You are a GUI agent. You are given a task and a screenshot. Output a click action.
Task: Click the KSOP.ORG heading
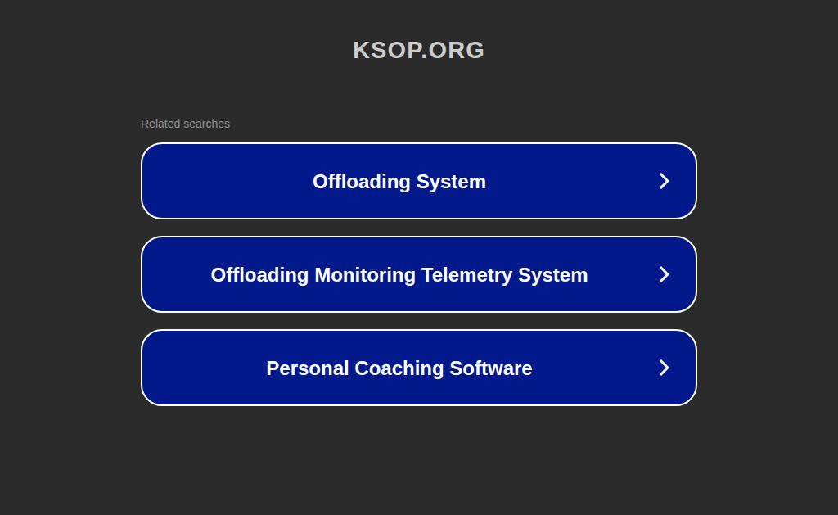coord(418,50)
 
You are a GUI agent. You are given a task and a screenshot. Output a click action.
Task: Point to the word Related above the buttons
coord(160,124)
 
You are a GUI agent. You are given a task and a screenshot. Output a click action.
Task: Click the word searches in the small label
coord(206,124)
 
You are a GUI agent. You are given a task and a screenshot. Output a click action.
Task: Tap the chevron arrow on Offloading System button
coord(665,181)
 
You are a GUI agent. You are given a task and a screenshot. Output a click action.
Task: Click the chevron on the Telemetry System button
coord(665,274)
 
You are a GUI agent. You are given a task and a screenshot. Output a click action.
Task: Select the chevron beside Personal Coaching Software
coord(665,368)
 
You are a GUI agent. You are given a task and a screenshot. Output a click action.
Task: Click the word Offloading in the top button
coord(362,182)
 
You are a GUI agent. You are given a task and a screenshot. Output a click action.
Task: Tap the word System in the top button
coord(451,182)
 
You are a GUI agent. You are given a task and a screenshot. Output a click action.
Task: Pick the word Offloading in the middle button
coord(259,275)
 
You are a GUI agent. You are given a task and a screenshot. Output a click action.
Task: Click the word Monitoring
coord(365,275)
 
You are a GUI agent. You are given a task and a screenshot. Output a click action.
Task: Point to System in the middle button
coord(553,275)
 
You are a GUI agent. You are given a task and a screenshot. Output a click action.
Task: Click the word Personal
coord(308,368)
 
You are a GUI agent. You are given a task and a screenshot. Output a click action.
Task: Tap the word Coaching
coord(399,368)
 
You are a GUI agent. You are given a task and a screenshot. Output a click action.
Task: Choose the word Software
coord(491,368)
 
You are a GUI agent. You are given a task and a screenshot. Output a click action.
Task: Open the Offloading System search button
coord(419,181)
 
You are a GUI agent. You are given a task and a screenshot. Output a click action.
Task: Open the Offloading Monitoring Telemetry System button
coord(419,274)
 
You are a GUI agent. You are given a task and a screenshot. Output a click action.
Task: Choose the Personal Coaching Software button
coord(419,368)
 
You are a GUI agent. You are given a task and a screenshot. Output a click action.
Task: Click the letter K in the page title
coord(361,50)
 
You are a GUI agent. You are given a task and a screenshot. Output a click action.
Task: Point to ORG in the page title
coord(456,50)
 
